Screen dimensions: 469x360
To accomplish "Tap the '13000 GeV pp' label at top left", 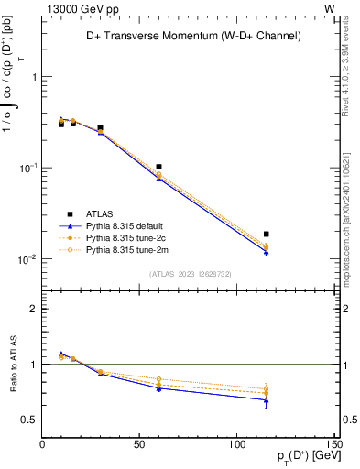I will [76, 8].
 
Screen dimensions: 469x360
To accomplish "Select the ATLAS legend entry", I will [101, 213].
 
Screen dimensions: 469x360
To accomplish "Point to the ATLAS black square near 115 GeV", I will [266, 234].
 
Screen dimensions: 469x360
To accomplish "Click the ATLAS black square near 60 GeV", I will [159, 167].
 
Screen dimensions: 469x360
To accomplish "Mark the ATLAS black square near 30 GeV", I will [100, 128].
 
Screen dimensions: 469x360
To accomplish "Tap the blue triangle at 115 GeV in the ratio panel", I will [266, 400].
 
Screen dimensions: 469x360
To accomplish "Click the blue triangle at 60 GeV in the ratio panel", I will [159, 388].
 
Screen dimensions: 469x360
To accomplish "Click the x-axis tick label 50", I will [139, 445].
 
